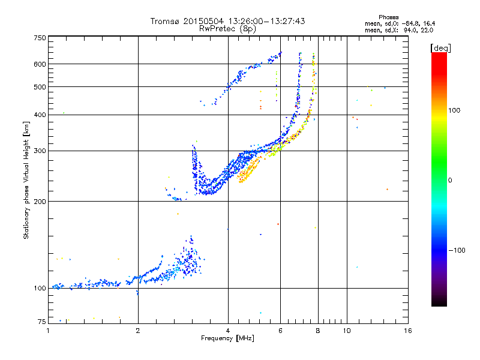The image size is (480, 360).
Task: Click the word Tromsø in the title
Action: coord(166,21)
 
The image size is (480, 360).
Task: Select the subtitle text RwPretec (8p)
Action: coord(227,29)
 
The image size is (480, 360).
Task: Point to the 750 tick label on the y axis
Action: coord(40,38)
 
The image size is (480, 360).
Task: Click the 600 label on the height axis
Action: coord(40,64)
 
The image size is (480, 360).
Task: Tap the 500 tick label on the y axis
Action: coord(40,87)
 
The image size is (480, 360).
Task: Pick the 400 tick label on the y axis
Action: coord(40,115)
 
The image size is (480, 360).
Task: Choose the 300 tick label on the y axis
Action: coord(40,151)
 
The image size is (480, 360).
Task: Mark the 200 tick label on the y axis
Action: coord(40,202)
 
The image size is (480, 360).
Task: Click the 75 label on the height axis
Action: coord(42,322)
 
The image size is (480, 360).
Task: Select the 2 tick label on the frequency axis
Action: coord(138,331)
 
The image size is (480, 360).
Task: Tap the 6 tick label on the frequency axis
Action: coord(280,331)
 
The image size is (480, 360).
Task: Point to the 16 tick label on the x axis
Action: coord(408,331)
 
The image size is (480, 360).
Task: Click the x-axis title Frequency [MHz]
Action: coord(227,338)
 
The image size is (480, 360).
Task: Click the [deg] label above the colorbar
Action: coord(440,48)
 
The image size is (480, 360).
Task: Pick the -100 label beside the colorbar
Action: coord(457,250)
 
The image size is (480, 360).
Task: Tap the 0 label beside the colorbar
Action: coord(450,181)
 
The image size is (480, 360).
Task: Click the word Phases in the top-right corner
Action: coord(388,17)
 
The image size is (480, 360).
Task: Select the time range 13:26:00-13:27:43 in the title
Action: coord(266,21)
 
